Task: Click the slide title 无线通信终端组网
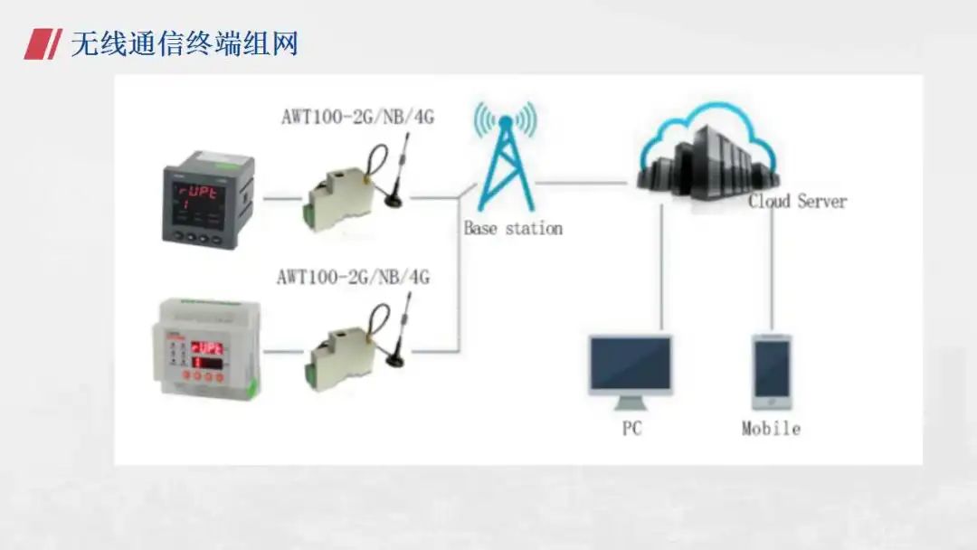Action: point(185,43)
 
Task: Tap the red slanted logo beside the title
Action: point(40,43)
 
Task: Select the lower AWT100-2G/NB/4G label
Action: point(353,276)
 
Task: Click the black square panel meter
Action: point(208,202)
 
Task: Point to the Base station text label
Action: point(513,229)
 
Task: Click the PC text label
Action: point(631,428)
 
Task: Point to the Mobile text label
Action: point(771,428)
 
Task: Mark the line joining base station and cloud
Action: point(583,183)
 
